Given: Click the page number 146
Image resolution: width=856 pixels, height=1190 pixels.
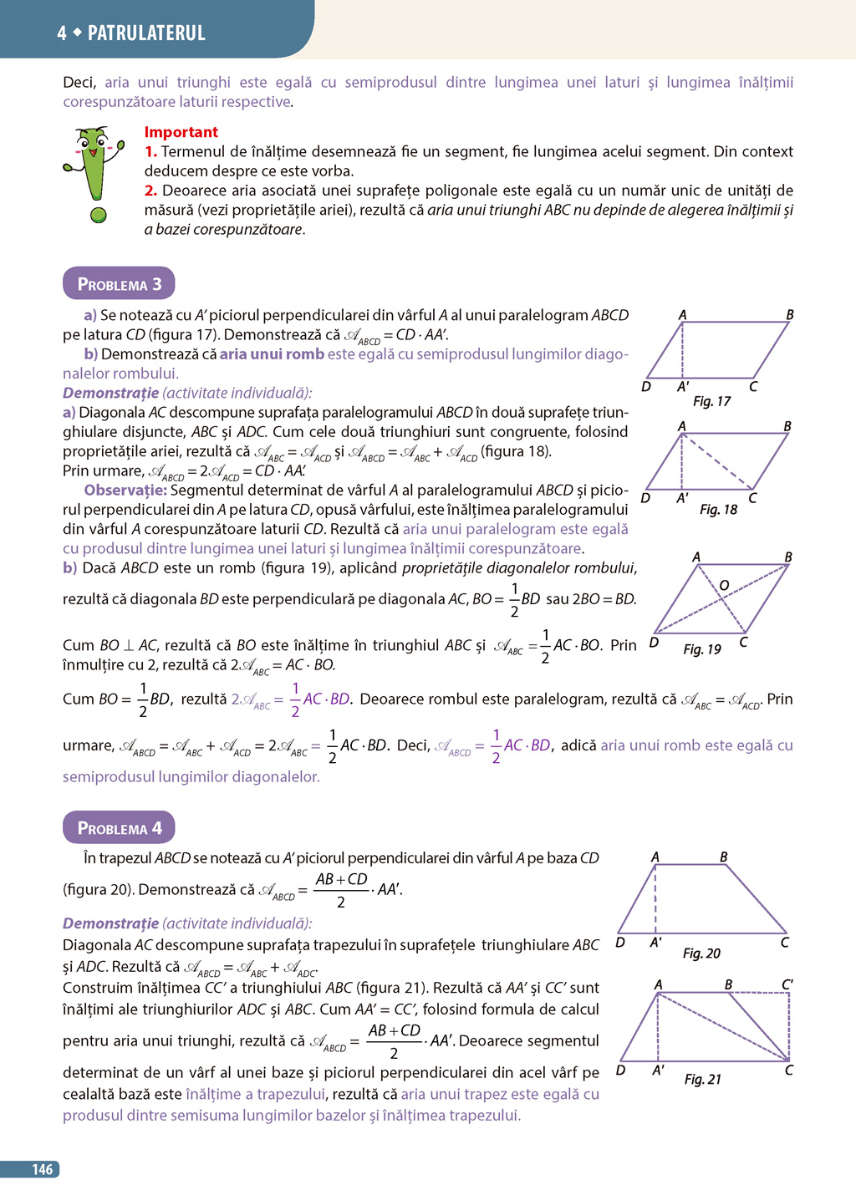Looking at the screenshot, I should pyautogui.click(x=43, y=1170).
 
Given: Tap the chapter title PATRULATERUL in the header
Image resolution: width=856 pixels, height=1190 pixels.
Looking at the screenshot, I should pyautogui.click(x=146, y=33).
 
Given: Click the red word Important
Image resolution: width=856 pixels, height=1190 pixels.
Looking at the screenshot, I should pyautogui.click(x=181, y=132).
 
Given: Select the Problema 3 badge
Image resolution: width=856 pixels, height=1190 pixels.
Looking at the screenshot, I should pyautogui.click(x=119, y=284).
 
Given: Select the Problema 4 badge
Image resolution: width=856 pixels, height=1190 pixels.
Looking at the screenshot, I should pyautogui.click(x=119, y=828).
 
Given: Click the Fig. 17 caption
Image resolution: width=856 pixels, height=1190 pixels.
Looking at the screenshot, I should pyautogui.click(x=711, y=402).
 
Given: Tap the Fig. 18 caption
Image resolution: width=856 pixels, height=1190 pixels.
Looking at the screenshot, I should pyautogui.click(x=718, y=510).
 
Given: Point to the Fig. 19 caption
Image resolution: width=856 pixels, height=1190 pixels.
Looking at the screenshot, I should pyautogui.click(x=701, y=649).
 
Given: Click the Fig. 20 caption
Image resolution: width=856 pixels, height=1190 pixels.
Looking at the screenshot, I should pyautogui.click(x=701, y=954).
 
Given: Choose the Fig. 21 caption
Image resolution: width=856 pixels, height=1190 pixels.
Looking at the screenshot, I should pyautogui.click(x=702, y=1080).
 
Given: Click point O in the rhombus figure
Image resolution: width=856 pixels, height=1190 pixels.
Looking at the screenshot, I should pyautogui.click(x=724, y=585).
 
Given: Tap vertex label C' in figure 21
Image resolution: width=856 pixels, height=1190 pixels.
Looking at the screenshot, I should pyautogui.click(x=787, y=984).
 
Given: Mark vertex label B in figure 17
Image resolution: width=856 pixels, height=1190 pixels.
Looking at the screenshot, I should pyautogui.click(x=789, y=315).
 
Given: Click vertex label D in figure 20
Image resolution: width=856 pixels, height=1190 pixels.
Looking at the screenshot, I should pyautogui.click(x=620, y=943).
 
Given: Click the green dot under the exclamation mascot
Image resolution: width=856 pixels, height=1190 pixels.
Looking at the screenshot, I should pyautogui.click(x=99, y=216).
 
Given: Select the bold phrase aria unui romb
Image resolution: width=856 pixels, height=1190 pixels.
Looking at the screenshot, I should pyautogui.click(x=272, y=354).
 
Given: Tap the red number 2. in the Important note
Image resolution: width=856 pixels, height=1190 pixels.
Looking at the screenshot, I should pyautogui.click(x=150, y=191).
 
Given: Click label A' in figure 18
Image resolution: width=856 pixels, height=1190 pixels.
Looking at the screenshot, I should pyautogui.click(x=682, y=498).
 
